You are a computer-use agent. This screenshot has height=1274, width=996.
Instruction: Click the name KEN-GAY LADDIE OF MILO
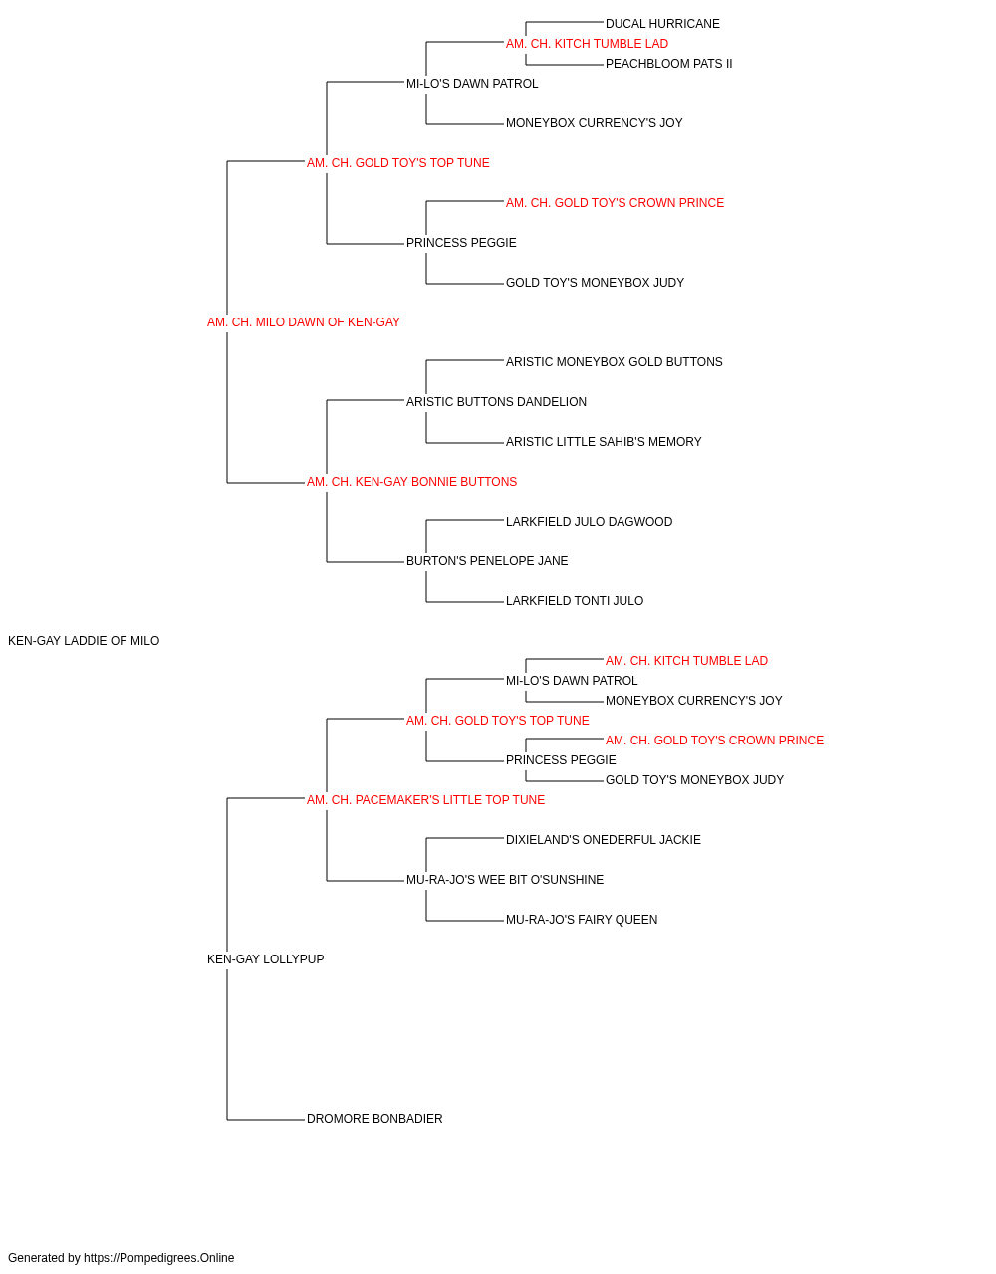84,641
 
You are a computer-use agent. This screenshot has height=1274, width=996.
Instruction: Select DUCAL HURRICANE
662,24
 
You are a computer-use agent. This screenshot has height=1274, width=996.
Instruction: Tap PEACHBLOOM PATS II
668,64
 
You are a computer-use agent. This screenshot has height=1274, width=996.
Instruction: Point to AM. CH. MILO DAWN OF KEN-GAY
303,322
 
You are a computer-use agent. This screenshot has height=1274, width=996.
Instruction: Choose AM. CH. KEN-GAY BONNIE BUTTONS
411,482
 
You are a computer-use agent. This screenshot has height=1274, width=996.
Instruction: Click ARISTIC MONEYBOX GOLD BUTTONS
615,362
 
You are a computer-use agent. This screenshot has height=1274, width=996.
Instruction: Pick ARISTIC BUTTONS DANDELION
496,402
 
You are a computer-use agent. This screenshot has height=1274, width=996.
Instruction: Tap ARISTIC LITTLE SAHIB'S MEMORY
604,442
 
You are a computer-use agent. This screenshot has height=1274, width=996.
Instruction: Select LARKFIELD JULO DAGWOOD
589,522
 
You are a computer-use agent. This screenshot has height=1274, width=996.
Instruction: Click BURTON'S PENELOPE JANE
487,561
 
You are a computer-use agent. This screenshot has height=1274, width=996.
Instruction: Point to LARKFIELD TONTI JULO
575,601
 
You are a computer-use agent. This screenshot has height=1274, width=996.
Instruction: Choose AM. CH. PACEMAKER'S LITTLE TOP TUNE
426,800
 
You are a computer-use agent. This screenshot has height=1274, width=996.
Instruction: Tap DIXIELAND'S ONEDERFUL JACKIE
603,840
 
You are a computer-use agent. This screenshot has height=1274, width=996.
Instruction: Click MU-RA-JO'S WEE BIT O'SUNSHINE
505,880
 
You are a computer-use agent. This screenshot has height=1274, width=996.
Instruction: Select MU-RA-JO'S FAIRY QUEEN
582,920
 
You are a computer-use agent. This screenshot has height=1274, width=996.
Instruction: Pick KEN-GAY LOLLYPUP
265,959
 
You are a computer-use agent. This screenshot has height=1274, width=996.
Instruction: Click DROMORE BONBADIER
374,1119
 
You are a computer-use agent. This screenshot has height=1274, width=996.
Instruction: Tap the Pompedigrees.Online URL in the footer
159,1258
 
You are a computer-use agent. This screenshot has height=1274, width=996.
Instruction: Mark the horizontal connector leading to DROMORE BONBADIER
266,1120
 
